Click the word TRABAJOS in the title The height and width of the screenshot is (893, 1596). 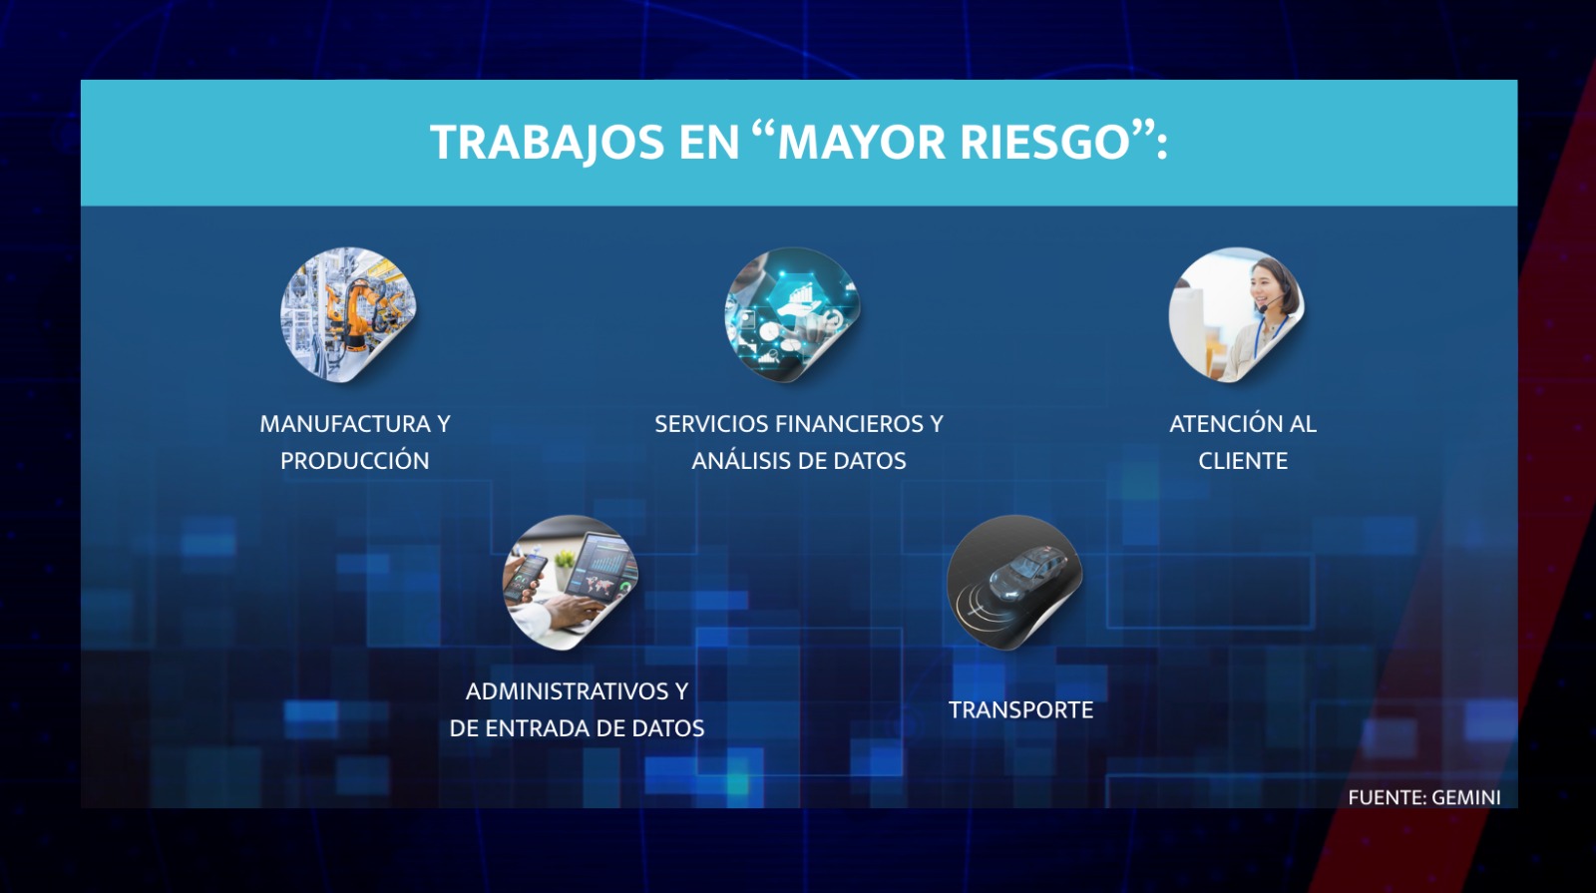[x=549, y=143]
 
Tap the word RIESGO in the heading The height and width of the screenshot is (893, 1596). [x=1046, y=142]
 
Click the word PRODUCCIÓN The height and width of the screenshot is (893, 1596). [x=355, y=460]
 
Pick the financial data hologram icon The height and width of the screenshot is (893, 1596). [x=792, y=314]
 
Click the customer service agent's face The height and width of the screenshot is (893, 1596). [x=1266, y=288]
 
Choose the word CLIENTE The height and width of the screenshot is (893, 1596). [x=1243, y=461]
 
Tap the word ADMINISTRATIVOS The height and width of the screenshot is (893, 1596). [x=568, y=691]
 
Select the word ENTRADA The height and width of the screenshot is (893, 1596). [x=545, y=728]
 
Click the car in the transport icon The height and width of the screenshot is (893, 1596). [x=1027, y=570]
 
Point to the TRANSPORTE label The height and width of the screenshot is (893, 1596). [x=1020, y=709]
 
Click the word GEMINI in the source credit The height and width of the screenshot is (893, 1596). [x=1465, y=797]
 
